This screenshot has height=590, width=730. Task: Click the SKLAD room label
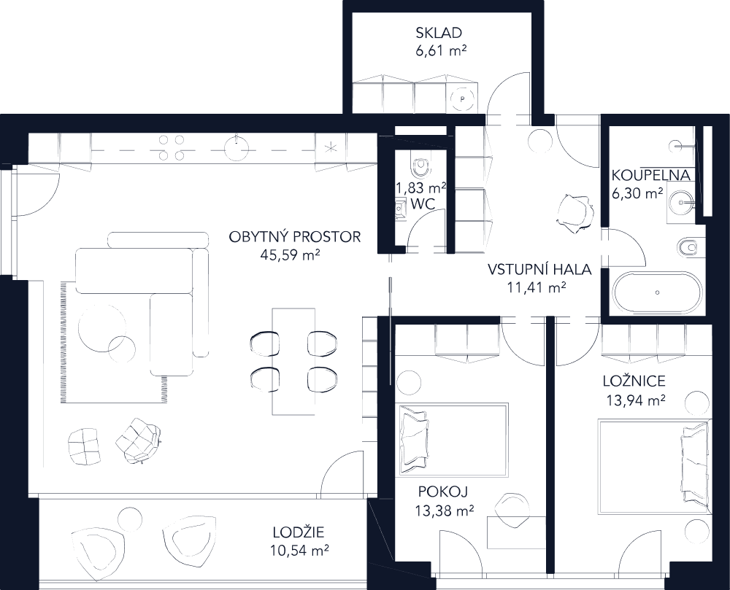439,33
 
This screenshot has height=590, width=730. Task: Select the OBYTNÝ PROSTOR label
295,238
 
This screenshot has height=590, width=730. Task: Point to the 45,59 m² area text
291,255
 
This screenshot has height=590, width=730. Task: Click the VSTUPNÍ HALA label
539,270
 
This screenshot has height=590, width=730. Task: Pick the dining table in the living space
293,360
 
